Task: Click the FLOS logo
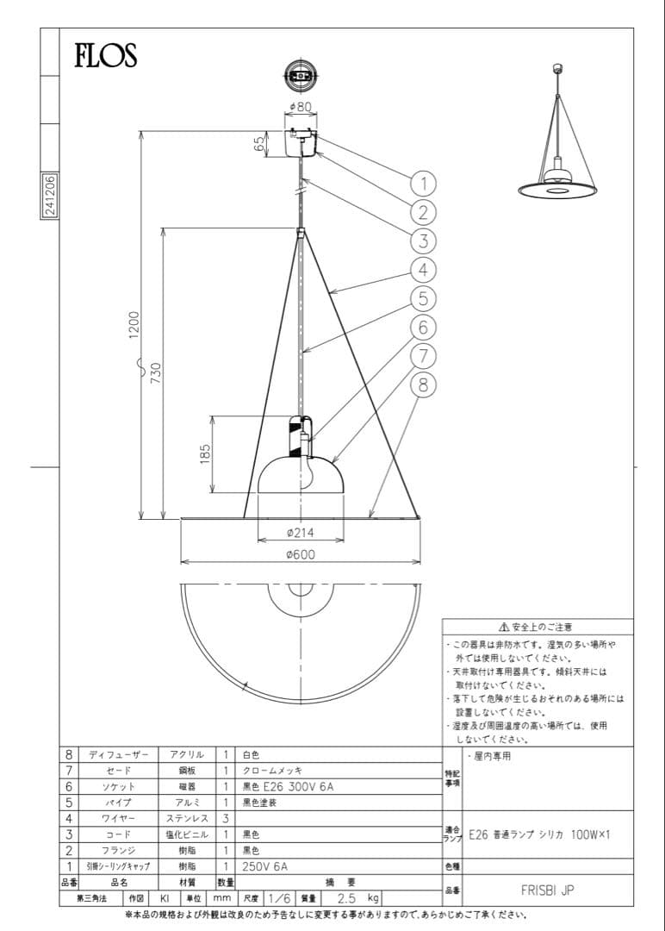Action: point(105,56)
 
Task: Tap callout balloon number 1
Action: point(422,183)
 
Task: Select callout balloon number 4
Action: point(422,270)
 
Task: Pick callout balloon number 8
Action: point(422,385)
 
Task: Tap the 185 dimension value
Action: point(205,454)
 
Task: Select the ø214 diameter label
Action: point(301,533)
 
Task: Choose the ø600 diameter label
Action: point(301,555)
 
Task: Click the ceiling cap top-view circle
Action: point(300,75)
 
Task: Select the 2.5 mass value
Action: point(346,897)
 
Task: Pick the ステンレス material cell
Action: point(185,817)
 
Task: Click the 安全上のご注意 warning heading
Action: point(540,627)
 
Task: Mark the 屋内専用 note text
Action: point(494,756)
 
